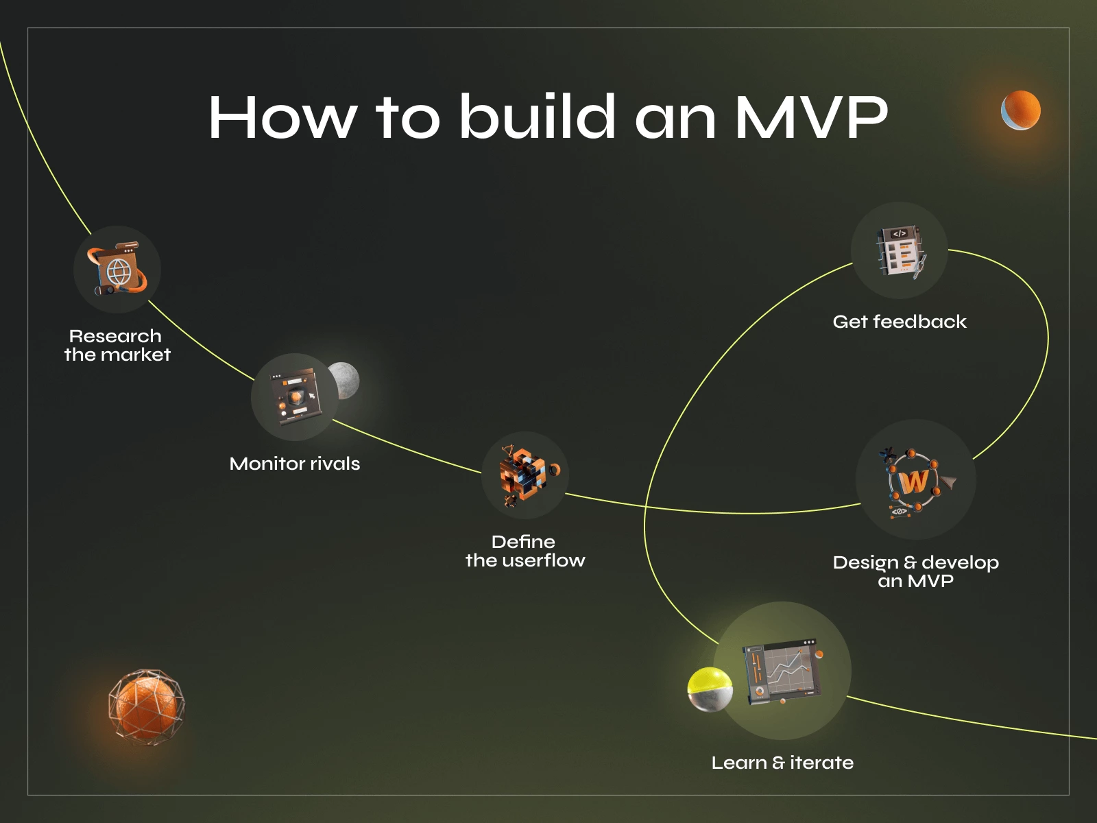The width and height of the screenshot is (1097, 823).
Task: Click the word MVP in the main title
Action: [x=812, y=117]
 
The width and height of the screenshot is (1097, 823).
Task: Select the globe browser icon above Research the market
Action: [x=117, y=270]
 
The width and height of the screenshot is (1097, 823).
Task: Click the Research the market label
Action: [x=117, y=346]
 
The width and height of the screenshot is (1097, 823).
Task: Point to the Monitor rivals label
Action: [x=295, y=464]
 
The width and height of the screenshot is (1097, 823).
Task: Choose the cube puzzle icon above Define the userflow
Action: [x=525, y=475]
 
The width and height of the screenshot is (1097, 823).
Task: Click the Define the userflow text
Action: [x=525, y=551]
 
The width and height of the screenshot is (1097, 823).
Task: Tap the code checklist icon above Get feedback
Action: [x=900, y=251]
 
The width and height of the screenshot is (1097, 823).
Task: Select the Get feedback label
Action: [x=900, y=322]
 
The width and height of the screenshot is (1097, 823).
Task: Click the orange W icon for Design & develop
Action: [x=915, y=481]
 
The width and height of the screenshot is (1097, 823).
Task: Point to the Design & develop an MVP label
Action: [x=916, y=572]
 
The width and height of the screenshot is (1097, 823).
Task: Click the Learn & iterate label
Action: [x=782, y=763]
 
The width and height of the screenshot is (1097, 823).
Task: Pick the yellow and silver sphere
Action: [x=710, y=689]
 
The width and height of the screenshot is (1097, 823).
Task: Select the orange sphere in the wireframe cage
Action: [x=146, y=707]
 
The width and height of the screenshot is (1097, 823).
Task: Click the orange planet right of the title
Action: [x=1021, y=110]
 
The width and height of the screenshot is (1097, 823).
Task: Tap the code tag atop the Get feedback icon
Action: [x=900, y=234]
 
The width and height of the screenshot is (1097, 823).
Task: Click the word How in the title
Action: [x=282, y=117]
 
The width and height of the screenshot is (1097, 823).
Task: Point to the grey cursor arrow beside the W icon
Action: [x=949, y=482]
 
